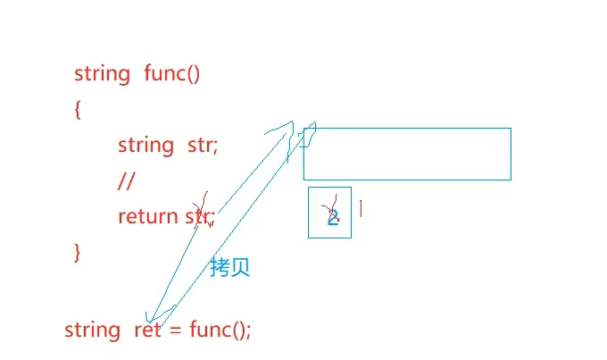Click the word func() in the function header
[x=171, y=73]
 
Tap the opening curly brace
[x=78, y=110]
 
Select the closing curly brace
[x=78, y=252]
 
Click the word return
[x=147, y=216]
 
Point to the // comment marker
[x=125, y=180]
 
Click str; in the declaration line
[x=203, y=145]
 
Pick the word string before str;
[x=146, y=145]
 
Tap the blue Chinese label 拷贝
[x=229, y=267]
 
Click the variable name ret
[x=147, y=330]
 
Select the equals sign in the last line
[x=175, y=330]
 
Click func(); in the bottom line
[x=220, y=330]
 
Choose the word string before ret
[x=92, y=330]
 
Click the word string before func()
[x=102, y=73]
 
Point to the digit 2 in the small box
[x=332, y=215]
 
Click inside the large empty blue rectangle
[x=411, y=155]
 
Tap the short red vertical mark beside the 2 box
[x=361, y=208]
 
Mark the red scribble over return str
[x=204, y=207]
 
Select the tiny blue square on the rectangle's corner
[x=305, y=138]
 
